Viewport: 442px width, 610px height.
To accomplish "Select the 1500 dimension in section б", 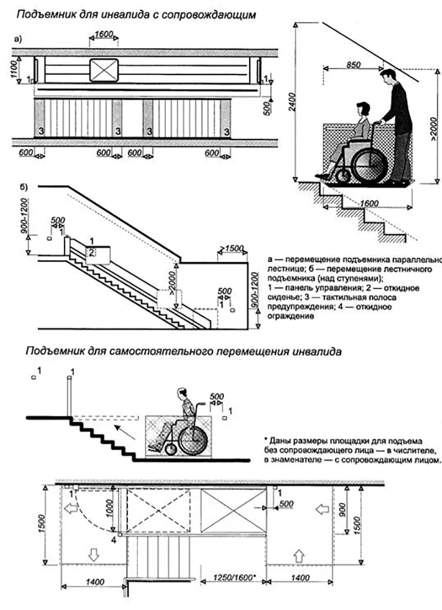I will click(x=232, y=249).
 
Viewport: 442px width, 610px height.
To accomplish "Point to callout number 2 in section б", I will click(x=90, y=251).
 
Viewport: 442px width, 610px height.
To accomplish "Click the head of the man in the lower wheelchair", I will click(x=182, y=394).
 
